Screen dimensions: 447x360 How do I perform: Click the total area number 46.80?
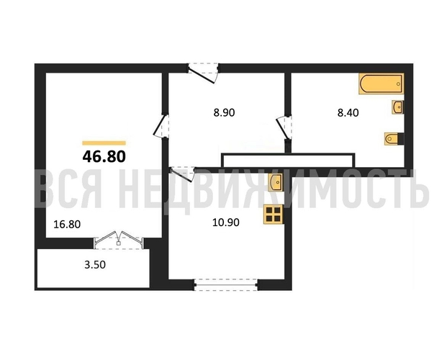[x=104, y=157]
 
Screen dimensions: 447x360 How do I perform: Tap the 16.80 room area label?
[x=67, y=224]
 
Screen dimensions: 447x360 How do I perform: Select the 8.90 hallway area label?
[x=224, y=112]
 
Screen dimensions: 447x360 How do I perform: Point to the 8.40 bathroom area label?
[x=348, y=112]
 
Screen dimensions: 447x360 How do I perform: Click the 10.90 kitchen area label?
[x=226, y=222]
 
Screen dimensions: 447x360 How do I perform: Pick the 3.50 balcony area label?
[x=95, y=265]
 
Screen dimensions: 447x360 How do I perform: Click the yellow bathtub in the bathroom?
[x=381, y=84]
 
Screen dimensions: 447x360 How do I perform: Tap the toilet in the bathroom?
[x=394, y=139]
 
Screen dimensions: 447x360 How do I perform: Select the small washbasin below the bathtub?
[x=398, y=107]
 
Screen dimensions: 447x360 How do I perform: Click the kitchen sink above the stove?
[x=276, y=182]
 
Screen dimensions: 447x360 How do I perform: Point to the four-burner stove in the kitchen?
[x=274, y=214]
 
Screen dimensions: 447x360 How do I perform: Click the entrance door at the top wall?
[x=203, y=73]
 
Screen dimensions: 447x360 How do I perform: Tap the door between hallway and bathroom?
[x=284, y=127]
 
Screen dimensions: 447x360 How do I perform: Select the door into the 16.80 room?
[x=161, y=127]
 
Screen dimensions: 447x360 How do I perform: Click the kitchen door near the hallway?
[x=182, y=174]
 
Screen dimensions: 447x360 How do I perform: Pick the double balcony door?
[x=119, y=240]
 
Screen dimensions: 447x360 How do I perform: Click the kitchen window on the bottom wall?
[x=226, y=284]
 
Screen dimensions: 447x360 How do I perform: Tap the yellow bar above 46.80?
[x=104, y=143]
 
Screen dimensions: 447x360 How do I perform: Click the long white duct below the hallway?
[x=289, y=161]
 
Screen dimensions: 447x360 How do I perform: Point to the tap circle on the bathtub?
[x=399, y=84]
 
